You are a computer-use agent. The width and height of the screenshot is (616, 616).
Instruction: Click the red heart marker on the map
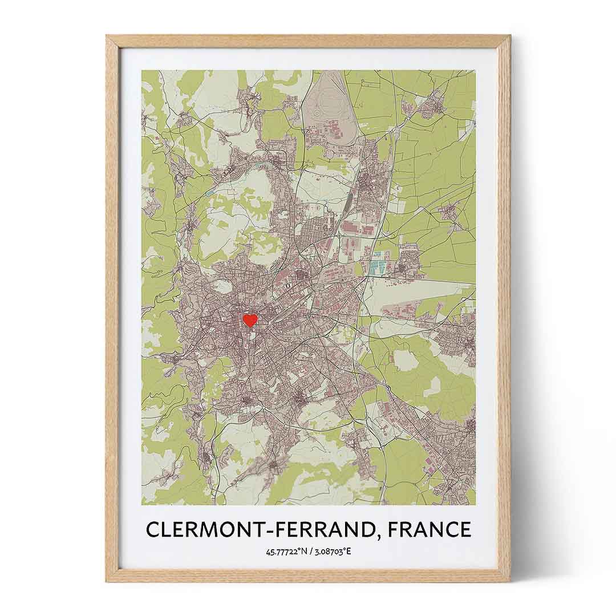(250, 320)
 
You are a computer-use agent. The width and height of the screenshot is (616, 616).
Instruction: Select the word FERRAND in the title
(321, 529)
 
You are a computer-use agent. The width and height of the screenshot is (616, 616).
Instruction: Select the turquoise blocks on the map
(376, 266)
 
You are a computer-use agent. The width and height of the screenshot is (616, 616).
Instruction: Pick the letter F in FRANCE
(396, 529)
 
